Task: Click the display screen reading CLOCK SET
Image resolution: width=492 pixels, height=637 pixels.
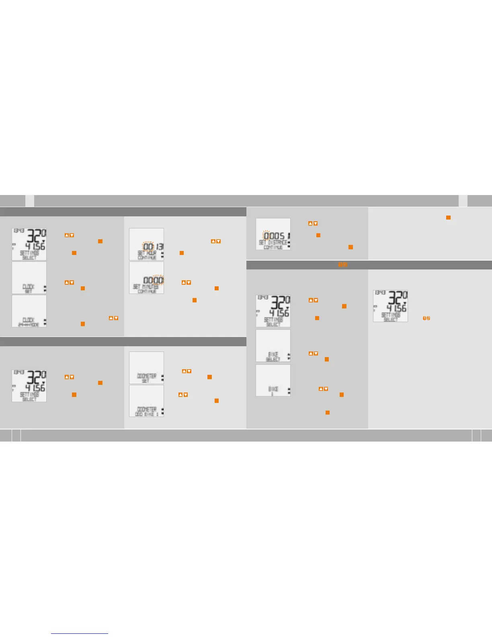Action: (x=29, y=277)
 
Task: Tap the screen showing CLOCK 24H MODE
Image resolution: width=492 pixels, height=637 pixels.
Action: (x=29, y=311)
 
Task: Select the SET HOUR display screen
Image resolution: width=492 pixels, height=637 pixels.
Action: (x=146, y=244)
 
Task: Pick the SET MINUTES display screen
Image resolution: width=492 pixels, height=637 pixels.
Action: (x=146, y=277)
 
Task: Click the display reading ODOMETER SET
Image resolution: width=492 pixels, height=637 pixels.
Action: (x=146, y=368)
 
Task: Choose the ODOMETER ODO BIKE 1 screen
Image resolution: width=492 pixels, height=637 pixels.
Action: (x=146, y=401)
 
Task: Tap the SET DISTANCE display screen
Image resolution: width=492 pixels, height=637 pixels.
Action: (x=273, y=234)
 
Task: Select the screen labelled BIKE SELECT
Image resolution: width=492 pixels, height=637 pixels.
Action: (x=273, y=345)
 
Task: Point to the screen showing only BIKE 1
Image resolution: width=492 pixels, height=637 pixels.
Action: (x=273, y=380)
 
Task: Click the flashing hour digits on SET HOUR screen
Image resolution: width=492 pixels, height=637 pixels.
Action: (x=149, y=247)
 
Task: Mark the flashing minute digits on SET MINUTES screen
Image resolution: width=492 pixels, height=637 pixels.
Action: (x=158, y=280)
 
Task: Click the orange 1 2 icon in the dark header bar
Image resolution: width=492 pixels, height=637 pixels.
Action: (x=342, y=265)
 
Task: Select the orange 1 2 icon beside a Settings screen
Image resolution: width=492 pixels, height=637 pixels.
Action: (x=426, y=318)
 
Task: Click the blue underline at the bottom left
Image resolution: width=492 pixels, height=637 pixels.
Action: (x=80, y=633)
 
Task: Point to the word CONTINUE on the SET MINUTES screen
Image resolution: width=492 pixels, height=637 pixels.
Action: (x=147, y=291)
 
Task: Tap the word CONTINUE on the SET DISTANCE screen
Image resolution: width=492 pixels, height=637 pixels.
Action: (x=273, y=247)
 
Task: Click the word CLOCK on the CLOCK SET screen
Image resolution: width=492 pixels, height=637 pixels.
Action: (x=29, y=287)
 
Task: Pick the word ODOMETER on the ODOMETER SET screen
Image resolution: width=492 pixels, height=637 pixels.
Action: (x=147, y=376)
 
